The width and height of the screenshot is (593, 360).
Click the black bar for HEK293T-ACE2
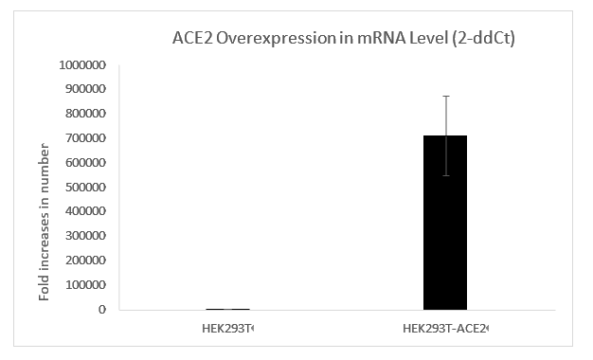click(445, 222)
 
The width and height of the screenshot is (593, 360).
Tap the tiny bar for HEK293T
click(228, 309)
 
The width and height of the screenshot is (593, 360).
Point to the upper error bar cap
click(445, 96)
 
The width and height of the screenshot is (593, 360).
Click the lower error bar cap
click(445, 175)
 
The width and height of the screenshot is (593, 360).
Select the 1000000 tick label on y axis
click(82, 65)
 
